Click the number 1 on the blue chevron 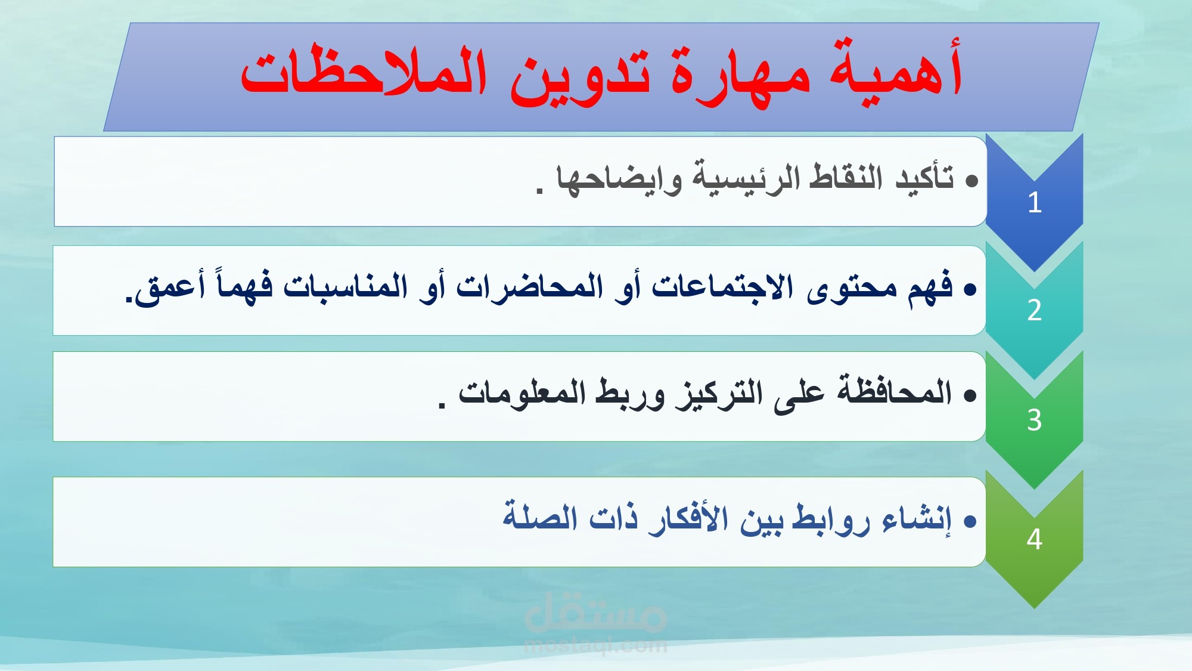(1034, 202)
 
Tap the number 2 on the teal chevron (1034, 310)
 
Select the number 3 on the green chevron (1034, 420)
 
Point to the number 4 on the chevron (1034, 539)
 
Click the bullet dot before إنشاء (970, 522)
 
